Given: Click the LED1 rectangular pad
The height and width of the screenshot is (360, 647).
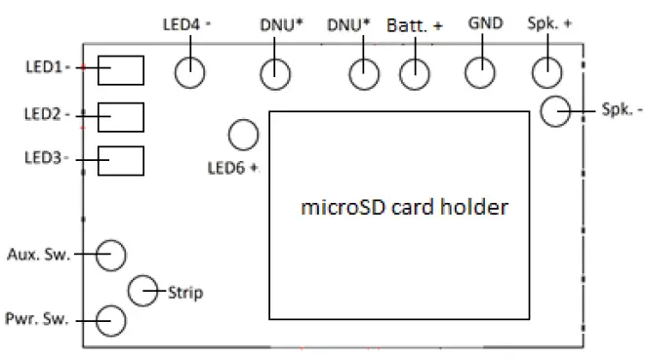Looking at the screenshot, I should pos(121,70).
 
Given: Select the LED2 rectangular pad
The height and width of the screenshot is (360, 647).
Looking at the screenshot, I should pos(121,116).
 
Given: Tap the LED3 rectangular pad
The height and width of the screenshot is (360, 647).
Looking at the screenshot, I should pos(121,161).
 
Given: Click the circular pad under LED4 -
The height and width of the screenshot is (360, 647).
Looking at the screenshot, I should pos(190,72).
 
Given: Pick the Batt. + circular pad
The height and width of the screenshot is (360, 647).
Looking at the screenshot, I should pos(417,72).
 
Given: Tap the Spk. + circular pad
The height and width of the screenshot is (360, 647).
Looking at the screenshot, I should pos(546,71).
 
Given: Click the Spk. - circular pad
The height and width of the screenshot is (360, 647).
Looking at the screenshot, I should pos(556,111).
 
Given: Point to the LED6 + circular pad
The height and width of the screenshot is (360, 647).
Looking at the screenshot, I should pos(243,134).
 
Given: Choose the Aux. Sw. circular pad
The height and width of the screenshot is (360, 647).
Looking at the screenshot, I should pos(111,255).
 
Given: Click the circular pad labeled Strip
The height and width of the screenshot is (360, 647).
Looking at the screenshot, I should pos(144,288).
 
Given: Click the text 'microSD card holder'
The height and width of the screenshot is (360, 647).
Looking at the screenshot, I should pos(405,209).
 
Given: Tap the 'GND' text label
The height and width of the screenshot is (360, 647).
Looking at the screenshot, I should pos(485,22).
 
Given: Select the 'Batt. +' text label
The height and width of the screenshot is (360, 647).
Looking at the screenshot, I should pos(415,25).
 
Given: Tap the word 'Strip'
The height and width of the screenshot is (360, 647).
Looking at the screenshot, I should pos(185,292).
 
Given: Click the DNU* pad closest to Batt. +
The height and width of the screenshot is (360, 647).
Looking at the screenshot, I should pos(364,72).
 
